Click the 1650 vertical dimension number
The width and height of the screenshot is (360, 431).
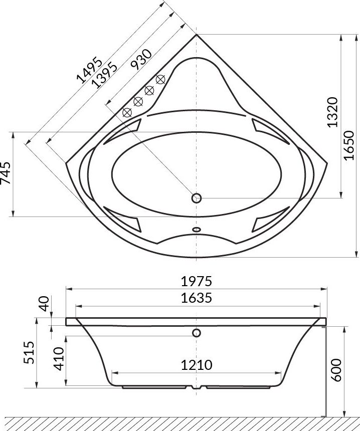pyautogui.click(x=350, y=145)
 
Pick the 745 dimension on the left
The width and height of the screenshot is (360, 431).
pyautogui.click(x=6, y=173)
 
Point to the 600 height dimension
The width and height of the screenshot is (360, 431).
pyautogui.click(x=336, y=370)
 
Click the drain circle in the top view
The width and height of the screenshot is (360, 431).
pyautogui.click(x=197, y=198)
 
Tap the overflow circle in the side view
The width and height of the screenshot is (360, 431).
pyautogui.click(x=196, y=333)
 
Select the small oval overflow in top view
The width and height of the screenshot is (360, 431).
pyautogui.click(x=196, y=231)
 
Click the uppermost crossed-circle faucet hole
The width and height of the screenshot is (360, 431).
pyautogui.click(x=160, y=79)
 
